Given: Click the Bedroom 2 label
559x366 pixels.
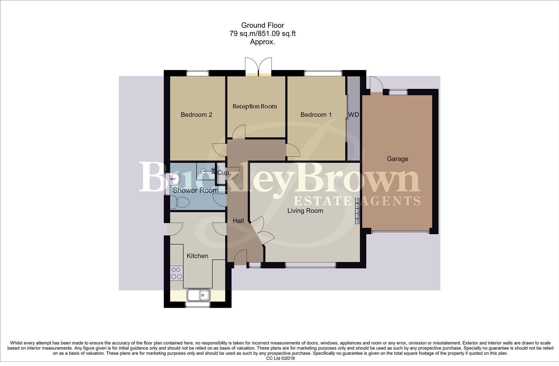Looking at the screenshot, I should (x=196, y=115).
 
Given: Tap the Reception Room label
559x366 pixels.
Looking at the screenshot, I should (x=255, y=106).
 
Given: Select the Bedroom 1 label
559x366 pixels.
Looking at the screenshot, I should (x=316, y=115).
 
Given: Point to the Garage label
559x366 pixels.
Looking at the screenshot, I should (x=397, y=159).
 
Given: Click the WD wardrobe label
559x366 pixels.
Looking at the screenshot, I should (x=353, y=115).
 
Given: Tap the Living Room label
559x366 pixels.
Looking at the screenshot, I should (x=305, y=210).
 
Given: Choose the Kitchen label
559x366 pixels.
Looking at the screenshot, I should (x=197, y=256).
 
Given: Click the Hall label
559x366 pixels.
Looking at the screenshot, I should (x=238, y=221).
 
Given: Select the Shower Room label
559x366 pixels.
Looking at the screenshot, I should (x=195, y=190).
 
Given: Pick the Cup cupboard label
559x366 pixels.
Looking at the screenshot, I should (x=223, y=173).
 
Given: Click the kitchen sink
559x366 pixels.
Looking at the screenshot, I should (x=199, y=295).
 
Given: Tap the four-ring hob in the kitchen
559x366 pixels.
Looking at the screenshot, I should (x=176, y=273).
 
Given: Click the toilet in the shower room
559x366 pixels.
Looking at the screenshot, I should (x=180, y=203).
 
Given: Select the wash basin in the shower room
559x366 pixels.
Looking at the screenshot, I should (x=174, y=178).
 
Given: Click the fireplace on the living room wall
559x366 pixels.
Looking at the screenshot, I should (x=357, y=211).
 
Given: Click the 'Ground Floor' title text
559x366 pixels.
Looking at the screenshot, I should (x=262, y=25).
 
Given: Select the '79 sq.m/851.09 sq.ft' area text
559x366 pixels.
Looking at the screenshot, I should (x=262, y=34).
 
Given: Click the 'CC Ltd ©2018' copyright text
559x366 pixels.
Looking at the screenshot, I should (x=280, y=358).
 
